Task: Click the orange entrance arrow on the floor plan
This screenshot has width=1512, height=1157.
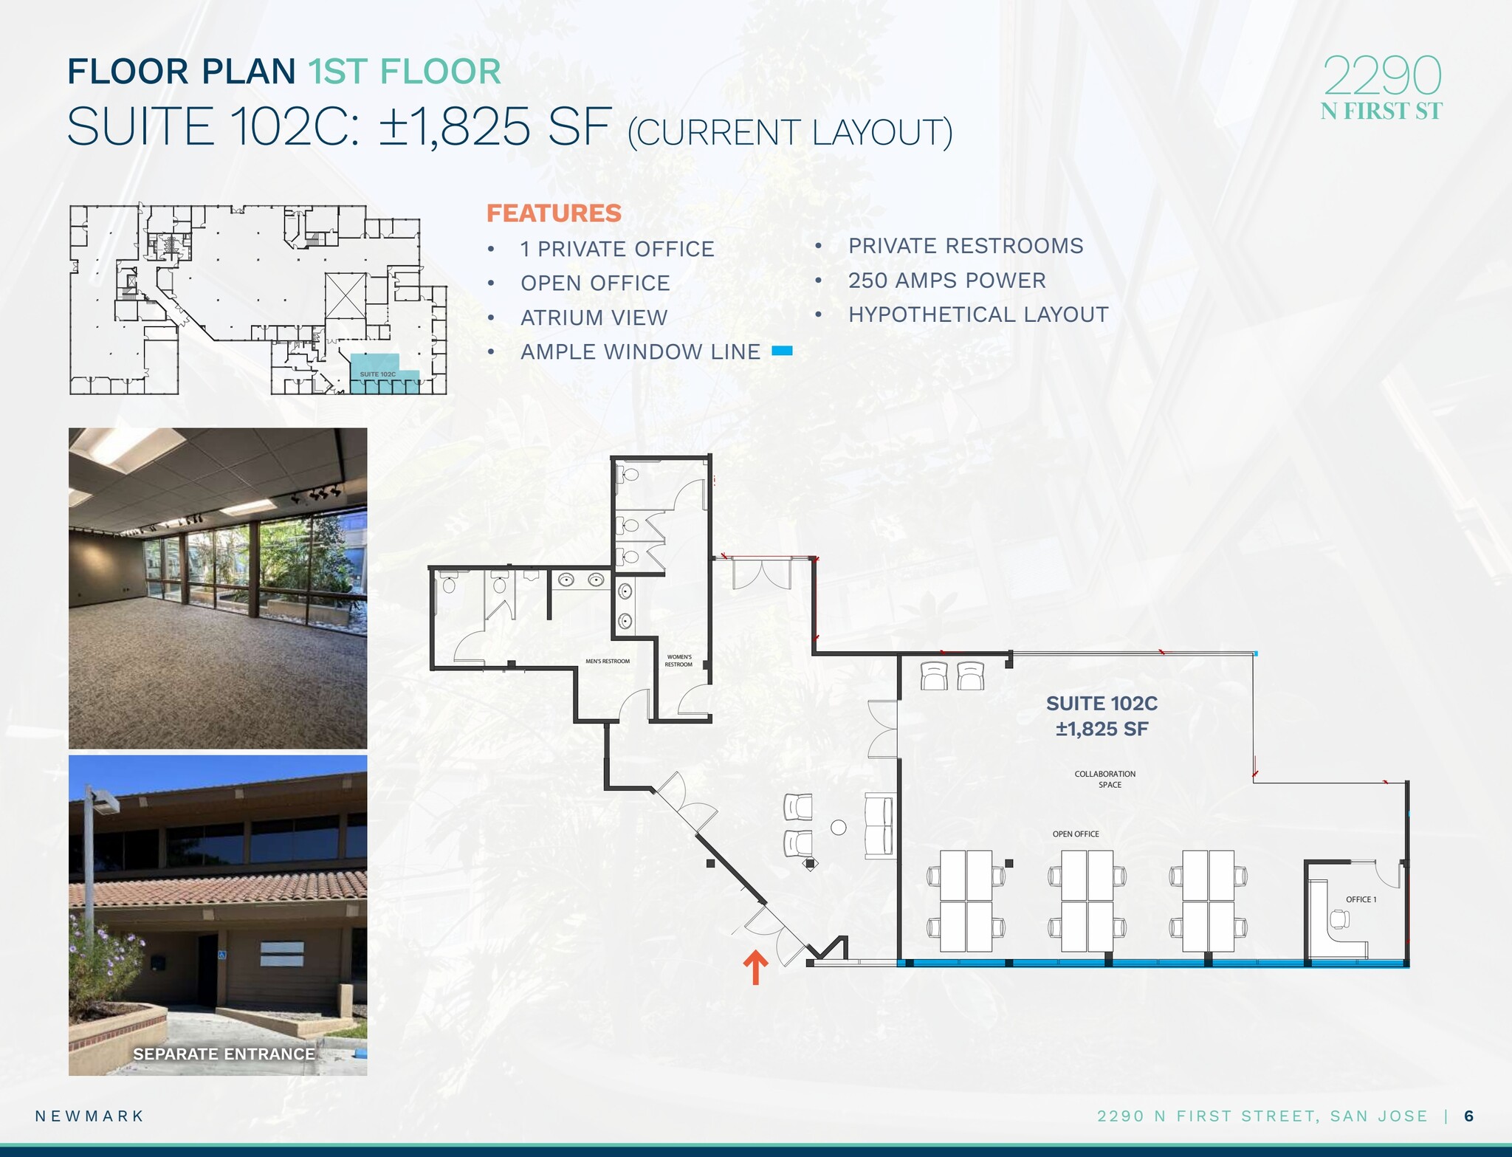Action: tap(755, 967)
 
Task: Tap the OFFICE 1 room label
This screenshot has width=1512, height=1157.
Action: tap(1361, 899)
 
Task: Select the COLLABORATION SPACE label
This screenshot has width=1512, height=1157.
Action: tap(1105, 779)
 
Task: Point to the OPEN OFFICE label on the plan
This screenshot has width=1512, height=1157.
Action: tap(1076, 834)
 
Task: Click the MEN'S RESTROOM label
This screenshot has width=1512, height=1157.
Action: tap(608, 662)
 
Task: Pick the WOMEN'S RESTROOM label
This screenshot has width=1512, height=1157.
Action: tap(679, 661)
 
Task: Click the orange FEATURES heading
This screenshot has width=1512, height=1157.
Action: tap(554, 213)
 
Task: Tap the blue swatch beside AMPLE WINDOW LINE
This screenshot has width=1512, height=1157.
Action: tap(782, 351)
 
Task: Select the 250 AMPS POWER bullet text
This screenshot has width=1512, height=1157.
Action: tap(946, 281)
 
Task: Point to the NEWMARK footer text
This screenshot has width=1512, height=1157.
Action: tap(89, 1116)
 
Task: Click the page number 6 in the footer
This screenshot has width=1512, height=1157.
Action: tap(1468, 1116)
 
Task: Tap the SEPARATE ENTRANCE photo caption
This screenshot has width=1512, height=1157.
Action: tap(224, 1054)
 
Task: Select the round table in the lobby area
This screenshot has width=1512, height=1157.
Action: tap(839, 828)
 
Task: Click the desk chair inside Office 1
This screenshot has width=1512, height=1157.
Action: tap(1339, 919)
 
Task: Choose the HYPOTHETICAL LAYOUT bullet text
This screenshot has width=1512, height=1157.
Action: tap(978, 315)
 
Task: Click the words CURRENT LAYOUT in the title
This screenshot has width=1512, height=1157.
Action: tap(790, 133)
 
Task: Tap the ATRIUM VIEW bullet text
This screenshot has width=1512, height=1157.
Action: tap(594, 317)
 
